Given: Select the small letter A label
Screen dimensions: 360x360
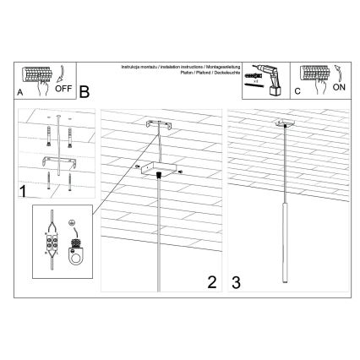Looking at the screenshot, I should tap(20, 94).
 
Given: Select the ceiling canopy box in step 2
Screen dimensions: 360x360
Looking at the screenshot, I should tap(157, 172).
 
